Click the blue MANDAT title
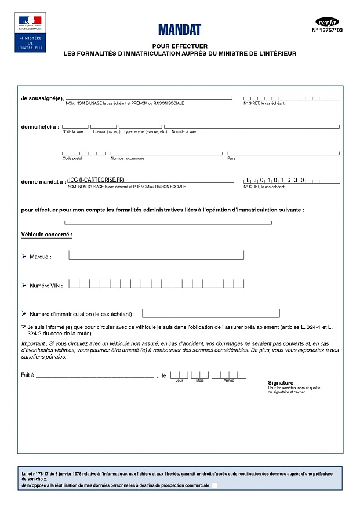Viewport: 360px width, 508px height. [179, 30]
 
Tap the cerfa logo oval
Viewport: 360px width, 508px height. [327, 22]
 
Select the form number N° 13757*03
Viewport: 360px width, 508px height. [327, 31]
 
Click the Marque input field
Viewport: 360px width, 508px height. [156, 255]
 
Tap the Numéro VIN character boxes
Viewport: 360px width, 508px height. [156, 284]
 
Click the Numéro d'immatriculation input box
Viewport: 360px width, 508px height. [210, 313]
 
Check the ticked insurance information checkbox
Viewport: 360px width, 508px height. [23, 327]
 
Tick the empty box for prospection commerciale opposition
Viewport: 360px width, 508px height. [214, 485]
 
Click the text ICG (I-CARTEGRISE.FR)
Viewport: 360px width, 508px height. [97, 180]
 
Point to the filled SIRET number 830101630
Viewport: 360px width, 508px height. [275, 180]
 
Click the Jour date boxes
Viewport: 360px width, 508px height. [179, 375]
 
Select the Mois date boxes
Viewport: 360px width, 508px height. [199, 375]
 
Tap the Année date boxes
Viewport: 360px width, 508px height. [228, 375]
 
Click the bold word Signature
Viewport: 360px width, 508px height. [281, 383]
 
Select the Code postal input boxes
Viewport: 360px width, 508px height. [83, 154]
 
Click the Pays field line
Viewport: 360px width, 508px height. [283, 154]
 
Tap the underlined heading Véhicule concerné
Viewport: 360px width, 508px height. [46, 235]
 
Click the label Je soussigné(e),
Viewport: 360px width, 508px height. [42, 98]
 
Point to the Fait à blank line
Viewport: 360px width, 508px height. [95, 376]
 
